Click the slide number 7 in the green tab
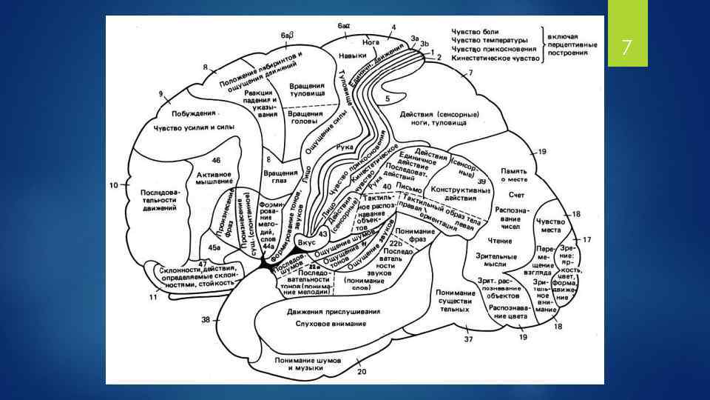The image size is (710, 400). pyautogui.click(x=626, y=49)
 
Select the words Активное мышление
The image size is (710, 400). pyautogui.click(x=214, y=177)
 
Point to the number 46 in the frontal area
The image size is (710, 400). pyautogui.click(x=216, y=161)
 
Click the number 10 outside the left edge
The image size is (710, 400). pyautogui.click(x=113, y=184)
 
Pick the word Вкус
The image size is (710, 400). pyautogui.click(x=306, y=242)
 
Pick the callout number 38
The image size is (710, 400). pyautogui.click(x=206, y=319)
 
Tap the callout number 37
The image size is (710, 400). pyautogui.click(x=467, y=339)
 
